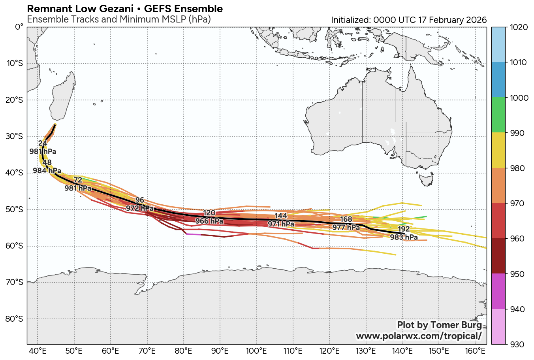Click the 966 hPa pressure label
[209, 221]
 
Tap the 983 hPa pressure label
[404, 237]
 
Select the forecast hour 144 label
[281, 216]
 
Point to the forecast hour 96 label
[140, 200]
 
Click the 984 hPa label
[47, 171]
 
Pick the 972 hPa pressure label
[140, 208]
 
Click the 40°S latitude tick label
[15, 173]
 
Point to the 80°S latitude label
[15, 319]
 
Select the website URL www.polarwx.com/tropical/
[419, 336]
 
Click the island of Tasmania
[426, 180]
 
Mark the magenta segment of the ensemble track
[194, 234]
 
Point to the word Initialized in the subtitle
[350, 20]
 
